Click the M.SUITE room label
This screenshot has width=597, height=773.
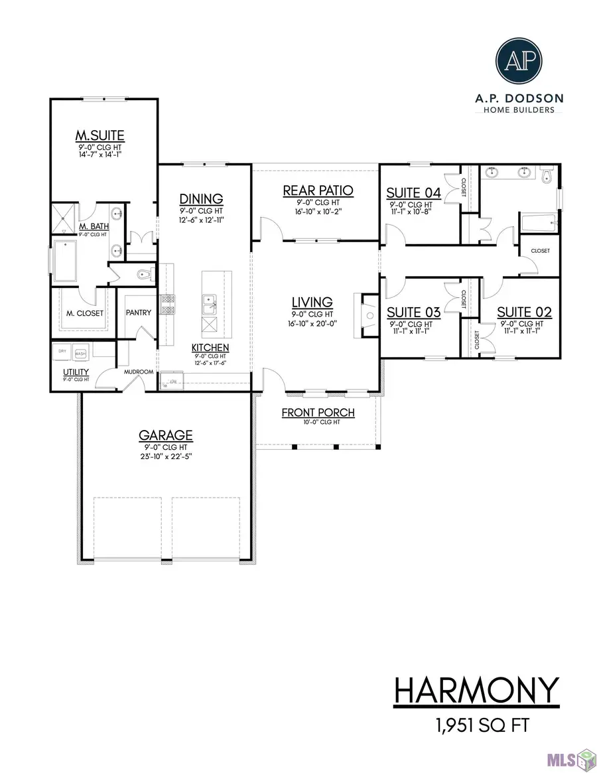tap(99, 137)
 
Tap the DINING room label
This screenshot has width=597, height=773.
tap(200, 198)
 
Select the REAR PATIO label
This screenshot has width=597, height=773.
tap(318, 191)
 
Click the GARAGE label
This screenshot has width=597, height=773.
tap(165, 435)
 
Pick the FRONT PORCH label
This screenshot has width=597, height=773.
tap(318, 413)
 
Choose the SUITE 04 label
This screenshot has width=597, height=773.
tap(414, 193)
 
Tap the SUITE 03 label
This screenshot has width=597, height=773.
tap(413, 313)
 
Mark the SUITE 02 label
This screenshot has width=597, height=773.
tap(525, 313)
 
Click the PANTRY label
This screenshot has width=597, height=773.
tap(139, 313)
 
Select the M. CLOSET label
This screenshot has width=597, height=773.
tap(83, 313)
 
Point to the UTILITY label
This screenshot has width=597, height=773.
tap(76, 372)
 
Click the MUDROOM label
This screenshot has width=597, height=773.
tap(140, 372)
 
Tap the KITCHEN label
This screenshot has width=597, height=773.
tap(210, 348)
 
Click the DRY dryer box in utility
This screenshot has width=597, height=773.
tap(63, 351)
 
